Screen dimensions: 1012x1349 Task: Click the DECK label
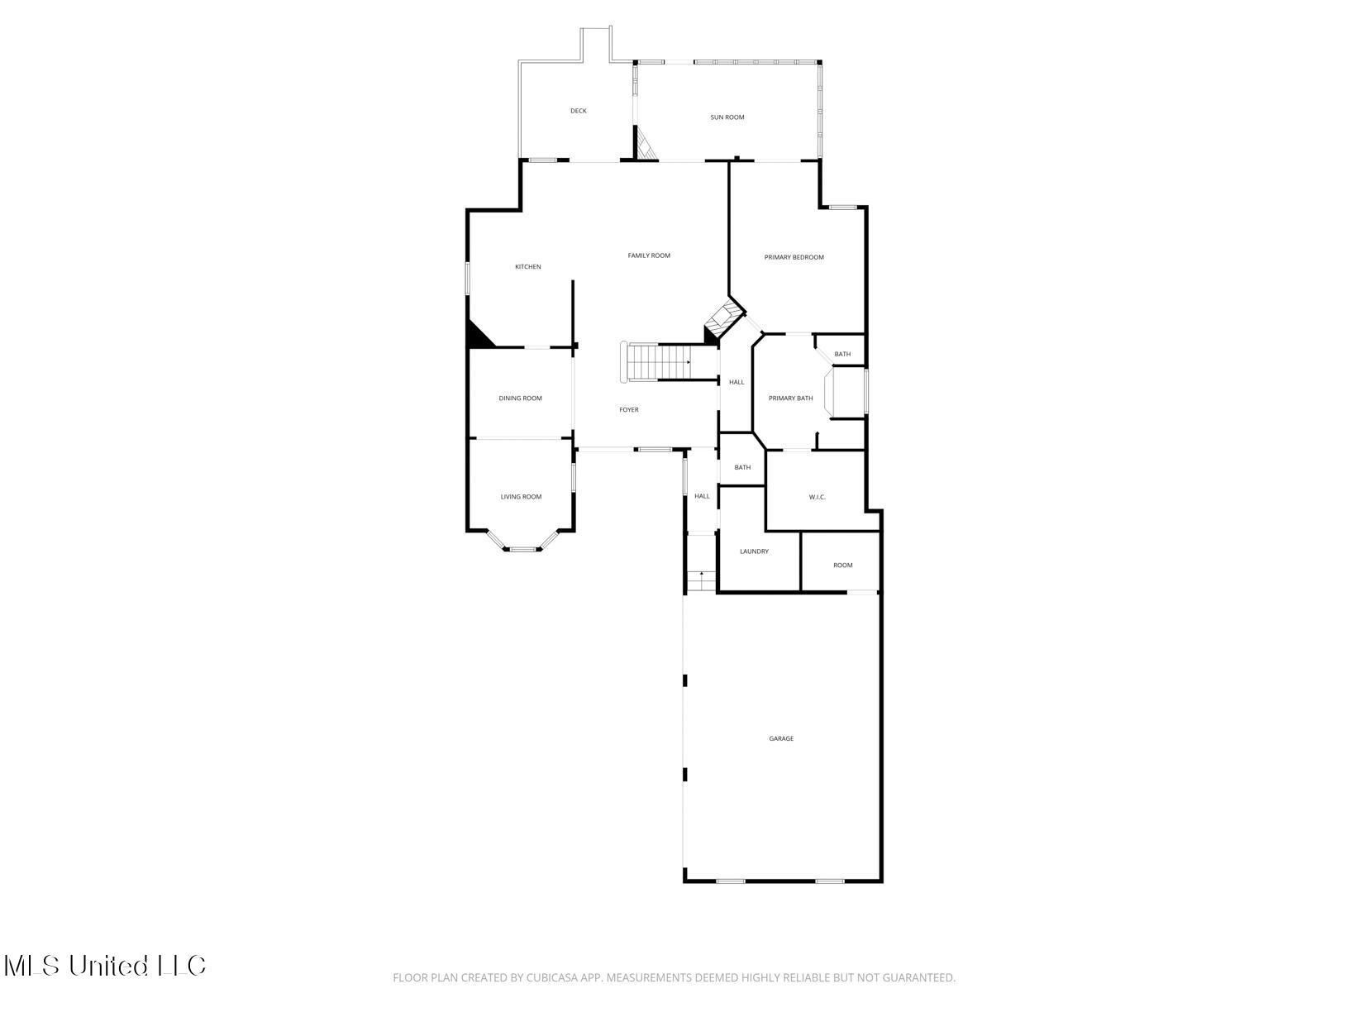578,111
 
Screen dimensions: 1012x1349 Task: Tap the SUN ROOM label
727,117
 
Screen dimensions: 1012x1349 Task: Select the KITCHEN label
528,267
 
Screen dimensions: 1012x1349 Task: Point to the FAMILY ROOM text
649,255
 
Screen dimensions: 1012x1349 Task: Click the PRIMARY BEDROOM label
794,257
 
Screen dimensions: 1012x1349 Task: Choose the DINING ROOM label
520,399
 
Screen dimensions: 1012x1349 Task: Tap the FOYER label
629,410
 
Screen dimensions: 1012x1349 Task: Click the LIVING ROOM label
521,497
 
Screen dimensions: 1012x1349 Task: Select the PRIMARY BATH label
790,399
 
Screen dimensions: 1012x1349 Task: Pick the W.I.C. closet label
817,497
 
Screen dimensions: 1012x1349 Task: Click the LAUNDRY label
754,551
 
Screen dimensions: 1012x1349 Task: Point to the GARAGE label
781,738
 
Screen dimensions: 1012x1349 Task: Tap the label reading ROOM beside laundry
842,566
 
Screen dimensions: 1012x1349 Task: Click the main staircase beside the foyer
657,362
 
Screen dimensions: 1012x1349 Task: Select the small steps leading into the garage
702,581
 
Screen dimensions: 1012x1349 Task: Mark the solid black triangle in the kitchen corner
477,337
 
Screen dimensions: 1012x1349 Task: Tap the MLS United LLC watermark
104,966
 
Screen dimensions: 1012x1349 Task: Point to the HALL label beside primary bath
736,382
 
